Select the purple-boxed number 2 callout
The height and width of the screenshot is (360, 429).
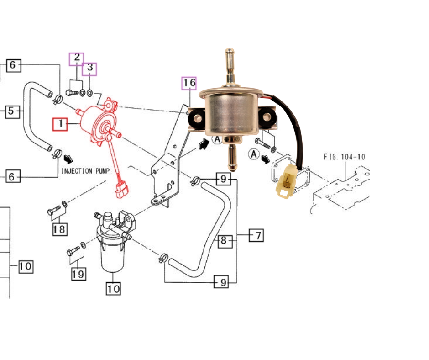77,58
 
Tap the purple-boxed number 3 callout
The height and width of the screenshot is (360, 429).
90,69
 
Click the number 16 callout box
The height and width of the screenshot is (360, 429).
189,83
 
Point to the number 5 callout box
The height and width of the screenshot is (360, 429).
13,111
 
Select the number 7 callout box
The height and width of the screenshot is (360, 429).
257,236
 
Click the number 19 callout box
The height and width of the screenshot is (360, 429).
78,274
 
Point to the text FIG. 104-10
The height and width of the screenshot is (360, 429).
344,157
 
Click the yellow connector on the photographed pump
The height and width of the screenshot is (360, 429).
288,182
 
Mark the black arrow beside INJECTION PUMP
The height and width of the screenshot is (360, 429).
68,159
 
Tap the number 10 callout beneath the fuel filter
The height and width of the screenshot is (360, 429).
114,289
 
